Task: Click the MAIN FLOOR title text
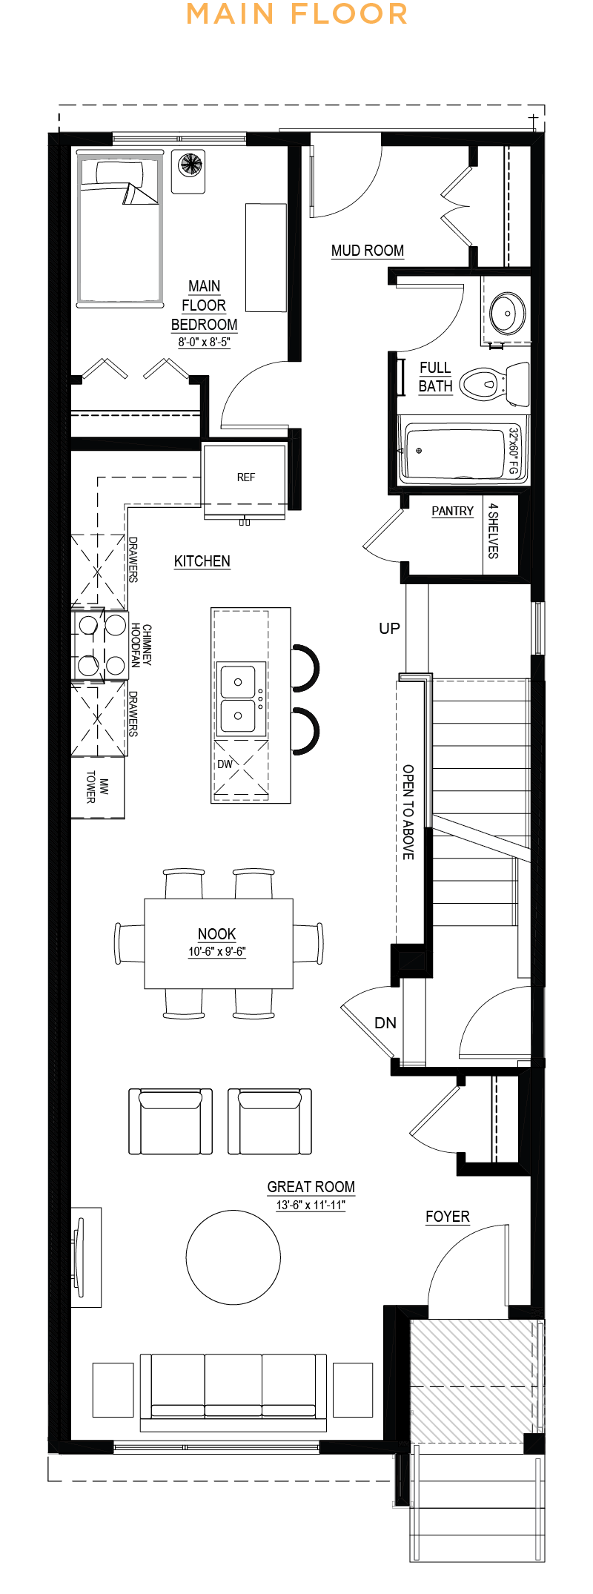tap(296, 14)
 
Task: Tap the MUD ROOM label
tap(368, 251)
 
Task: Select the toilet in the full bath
tap(494, 383)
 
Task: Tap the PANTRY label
tap(452, 511)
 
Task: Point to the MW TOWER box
tap(97, 787)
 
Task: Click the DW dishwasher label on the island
tap(225, 764)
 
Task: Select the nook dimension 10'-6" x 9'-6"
tap(216, 951)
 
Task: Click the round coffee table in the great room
tap(233, 1257)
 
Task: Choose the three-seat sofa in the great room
tap(233, 1389)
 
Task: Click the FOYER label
tap(448, 1217)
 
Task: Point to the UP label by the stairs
tap(390, 628)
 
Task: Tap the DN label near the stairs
tap(385, 1022)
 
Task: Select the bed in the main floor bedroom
tap(119, 228)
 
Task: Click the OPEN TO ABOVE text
tap(408, 812)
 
